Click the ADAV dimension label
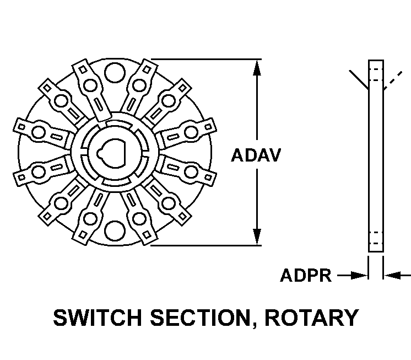coord(256,155)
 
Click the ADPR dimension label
coord(306,275)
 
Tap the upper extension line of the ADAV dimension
coord(204,60)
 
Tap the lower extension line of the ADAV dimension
coord(204,246)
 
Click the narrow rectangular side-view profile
coord(375,154)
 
